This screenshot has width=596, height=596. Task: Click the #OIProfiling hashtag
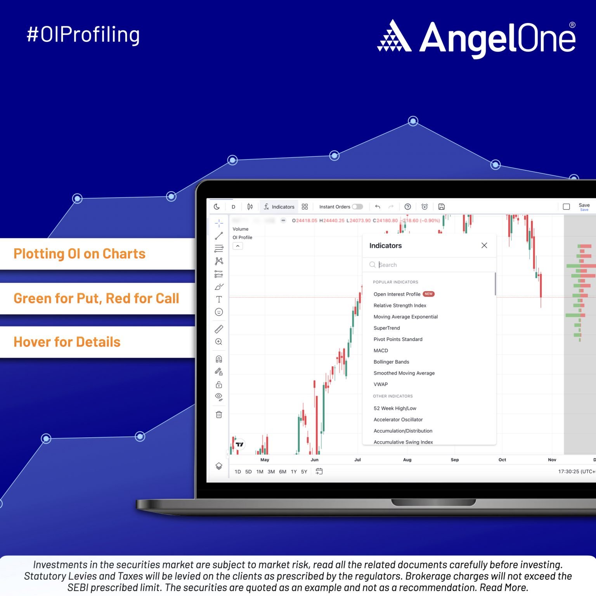pyautogui.click(x=83, y=35)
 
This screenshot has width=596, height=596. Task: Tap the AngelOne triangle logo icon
pyautogui.click(x=394, y=36)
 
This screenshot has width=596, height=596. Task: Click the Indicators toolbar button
pyautogui.click(x=279, y=207)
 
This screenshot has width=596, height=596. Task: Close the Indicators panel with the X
pyautogui.click(x=484, y=245)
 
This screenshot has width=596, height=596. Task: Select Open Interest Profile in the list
pyautogui.click(x=397, y=294)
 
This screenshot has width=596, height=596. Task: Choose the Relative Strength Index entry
pyautogui.click(x=400, y=305)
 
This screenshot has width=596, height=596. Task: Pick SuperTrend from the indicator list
pyautogui.click(x=386, y=328)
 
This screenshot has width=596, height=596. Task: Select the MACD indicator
pyautogui.click(x=381, y=350)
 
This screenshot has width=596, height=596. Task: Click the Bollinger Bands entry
pyautogui.click(x=391, y=362)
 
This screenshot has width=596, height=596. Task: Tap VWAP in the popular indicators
pyautogui.click(x=381, y=384)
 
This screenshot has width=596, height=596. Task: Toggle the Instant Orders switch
pyautogui.click(x=357, y=207)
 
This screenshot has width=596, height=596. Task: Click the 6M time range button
pyautogui.click(x=282, y=471)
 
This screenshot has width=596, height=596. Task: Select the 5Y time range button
pyautogui.click(x=304, y=471)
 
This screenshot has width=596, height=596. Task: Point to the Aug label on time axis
pyautogui.click(x=407, y=460)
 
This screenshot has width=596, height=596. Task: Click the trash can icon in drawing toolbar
pyautogui.click(x=219, y=414)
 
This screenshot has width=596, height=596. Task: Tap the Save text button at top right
pyautogui.click(x=584, y=205)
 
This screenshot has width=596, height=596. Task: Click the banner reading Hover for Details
pyautogui.click(x=97, y=342)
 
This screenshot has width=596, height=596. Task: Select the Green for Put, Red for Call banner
pyautogui.click(x=97, y=298)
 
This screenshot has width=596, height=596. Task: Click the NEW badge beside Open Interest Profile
pyautogui.click(x=428, y=294)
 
